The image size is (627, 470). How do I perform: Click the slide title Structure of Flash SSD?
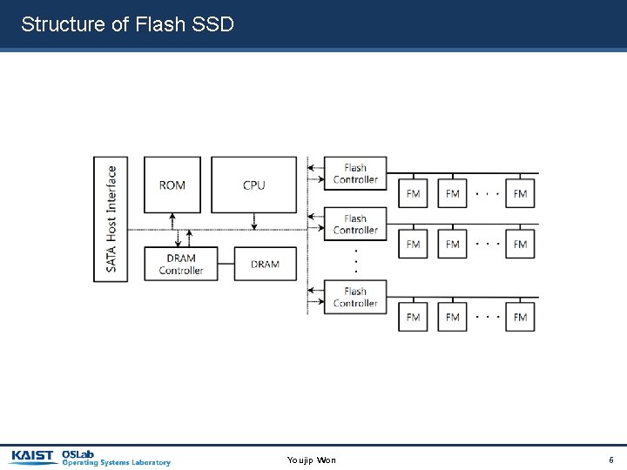(127, 23)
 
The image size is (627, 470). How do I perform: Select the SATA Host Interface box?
(111, 218)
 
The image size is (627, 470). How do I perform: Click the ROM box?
(172, 185)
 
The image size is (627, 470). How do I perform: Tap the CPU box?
(253, 185)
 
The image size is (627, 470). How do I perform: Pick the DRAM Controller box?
(180, 264)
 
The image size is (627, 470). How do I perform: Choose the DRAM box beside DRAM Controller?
(265, 264)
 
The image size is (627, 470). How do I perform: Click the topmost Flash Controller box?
(355, 173)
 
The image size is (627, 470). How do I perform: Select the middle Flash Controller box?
(355, 225)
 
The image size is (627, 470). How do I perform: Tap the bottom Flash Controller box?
(355, 297)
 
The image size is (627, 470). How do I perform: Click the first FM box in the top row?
(414, 193)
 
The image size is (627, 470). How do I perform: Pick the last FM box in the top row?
(520, 193)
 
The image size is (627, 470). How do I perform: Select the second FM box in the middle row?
(452, 245)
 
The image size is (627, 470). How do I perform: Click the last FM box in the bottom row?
(520, 317)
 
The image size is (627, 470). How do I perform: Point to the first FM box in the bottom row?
(414, 317)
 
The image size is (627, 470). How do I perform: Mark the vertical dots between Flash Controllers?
(355, 260)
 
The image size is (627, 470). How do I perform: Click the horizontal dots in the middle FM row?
(487, 244)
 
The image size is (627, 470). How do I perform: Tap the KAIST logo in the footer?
(34, 456)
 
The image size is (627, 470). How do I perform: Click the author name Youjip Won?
(311, 460)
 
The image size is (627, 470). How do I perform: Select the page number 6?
(610, 460)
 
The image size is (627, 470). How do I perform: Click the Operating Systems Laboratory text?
(116, 463)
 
